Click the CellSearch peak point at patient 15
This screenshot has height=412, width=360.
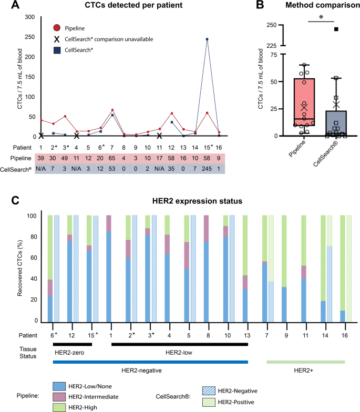coord(207,39)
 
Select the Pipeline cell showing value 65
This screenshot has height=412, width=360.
coord(112,158)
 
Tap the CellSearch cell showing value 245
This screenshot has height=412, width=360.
coord(207,168)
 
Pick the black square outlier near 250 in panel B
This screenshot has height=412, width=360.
coord(336,29)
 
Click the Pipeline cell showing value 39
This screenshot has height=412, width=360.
coord(40,158)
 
